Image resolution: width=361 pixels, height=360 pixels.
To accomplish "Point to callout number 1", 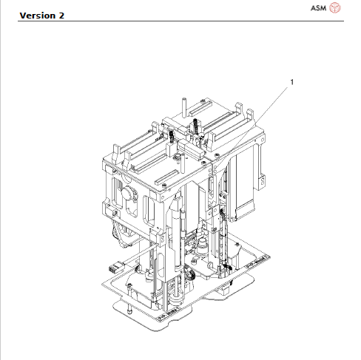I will pyautogui.click(x=291, y=82).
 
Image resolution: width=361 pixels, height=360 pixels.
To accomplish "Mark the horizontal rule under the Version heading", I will pyautogui.click(x=178, y=21).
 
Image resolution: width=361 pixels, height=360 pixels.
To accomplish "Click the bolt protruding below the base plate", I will pyautogui.click(x=131, y=311).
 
